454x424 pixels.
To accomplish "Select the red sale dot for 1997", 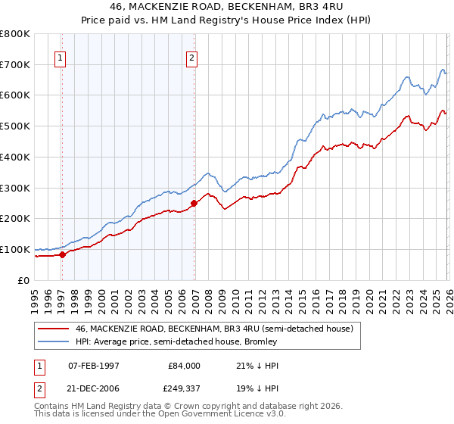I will [x=63, y=254].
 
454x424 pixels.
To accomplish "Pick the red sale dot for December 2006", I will [x=194, y=203].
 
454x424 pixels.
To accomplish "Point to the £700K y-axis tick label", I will [x=15, y=64].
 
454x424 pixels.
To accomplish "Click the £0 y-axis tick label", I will [x=23, y=280].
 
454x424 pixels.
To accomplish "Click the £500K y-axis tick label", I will [x=15, y=126].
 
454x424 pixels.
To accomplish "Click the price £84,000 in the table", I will [x=184, y=366].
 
